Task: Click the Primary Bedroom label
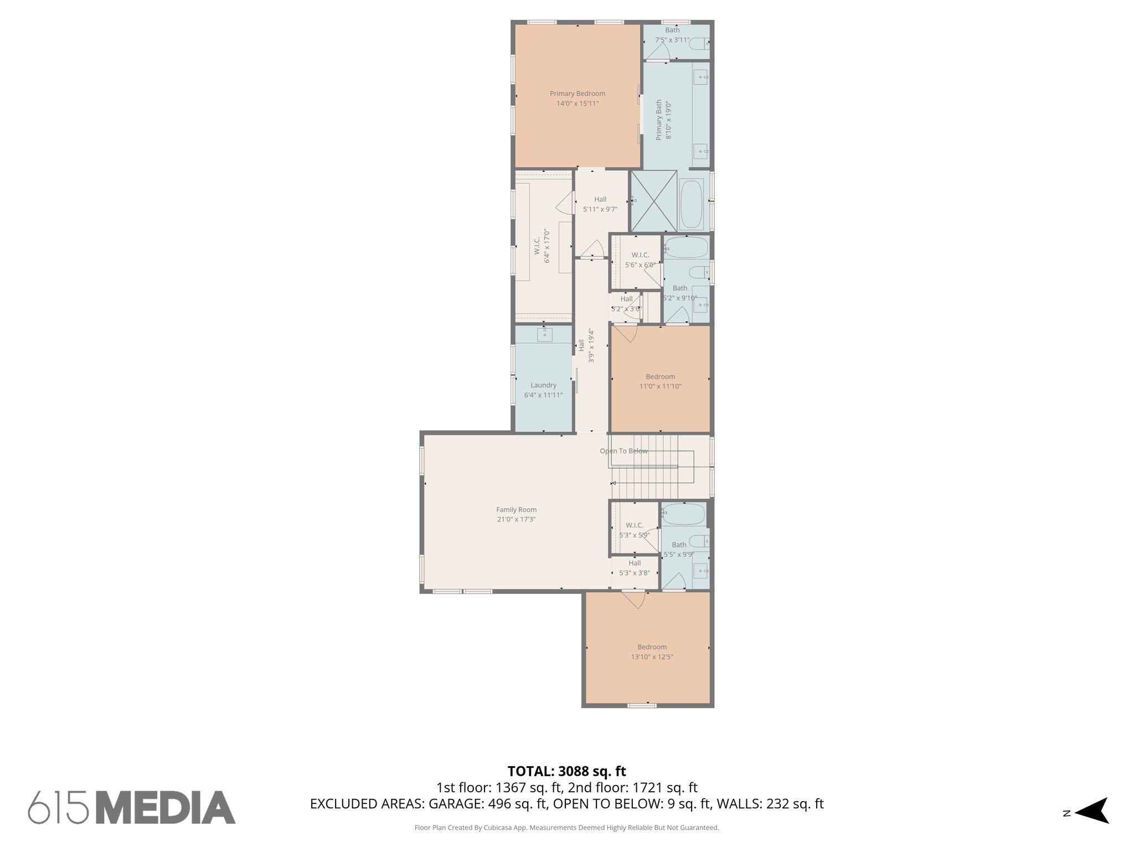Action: (577, 94)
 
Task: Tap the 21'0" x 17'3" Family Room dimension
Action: (516, 520)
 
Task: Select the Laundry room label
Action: (543, 385)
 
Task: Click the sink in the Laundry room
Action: (544, 334)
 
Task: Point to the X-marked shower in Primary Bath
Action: (654, 201)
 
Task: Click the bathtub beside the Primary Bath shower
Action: (691, 204)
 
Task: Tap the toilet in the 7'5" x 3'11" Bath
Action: (701, 43)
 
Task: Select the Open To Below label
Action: (623, 451)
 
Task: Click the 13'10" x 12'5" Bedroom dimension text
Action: (652, 657)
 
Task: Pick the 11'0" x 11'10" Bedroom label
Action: (660, 377)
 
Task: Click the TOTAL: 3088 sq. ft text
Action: (566, 771)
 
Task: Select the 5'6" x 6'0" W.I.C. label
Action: (640, 255)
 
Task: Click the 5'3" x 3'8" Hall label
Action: (635, 563)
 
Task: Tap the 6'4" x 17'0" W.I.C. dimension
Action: (547, 246)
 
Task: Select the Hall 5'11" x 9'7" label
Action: (600, 199)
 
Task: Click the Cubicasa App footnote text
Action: (566, 828)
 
